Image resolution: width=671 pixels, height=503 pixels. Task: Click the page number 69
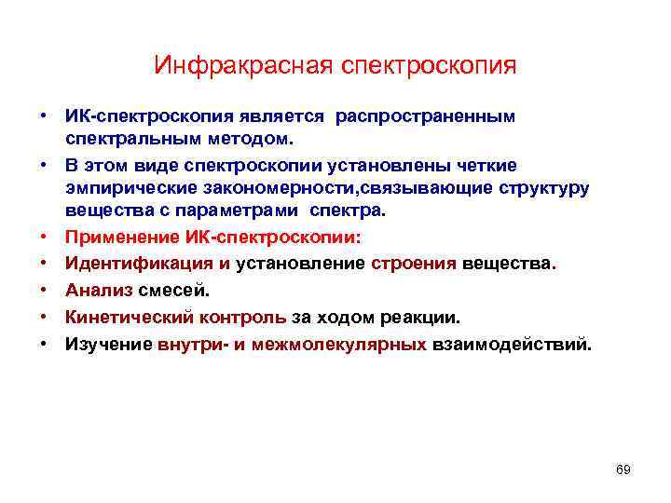pyautogui.click(x=623, y=469)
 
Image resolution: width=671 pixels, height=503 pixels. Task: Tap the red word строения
pyautogui.click(x=414, y=263)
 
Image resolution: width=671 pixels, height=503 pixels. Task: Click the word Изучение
pyautogui.click(x=108, y=344)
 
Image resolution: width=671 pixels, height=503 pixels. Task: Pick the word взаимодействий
pyautogui.click(x=511, y=344)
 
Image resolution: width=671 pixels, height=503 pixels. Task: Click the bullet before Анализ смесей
pyautogui.click(x=44, y=290)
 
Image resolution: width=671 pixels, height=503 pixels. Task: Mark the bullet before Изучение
pyautogui.click(x=44, y=344)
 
